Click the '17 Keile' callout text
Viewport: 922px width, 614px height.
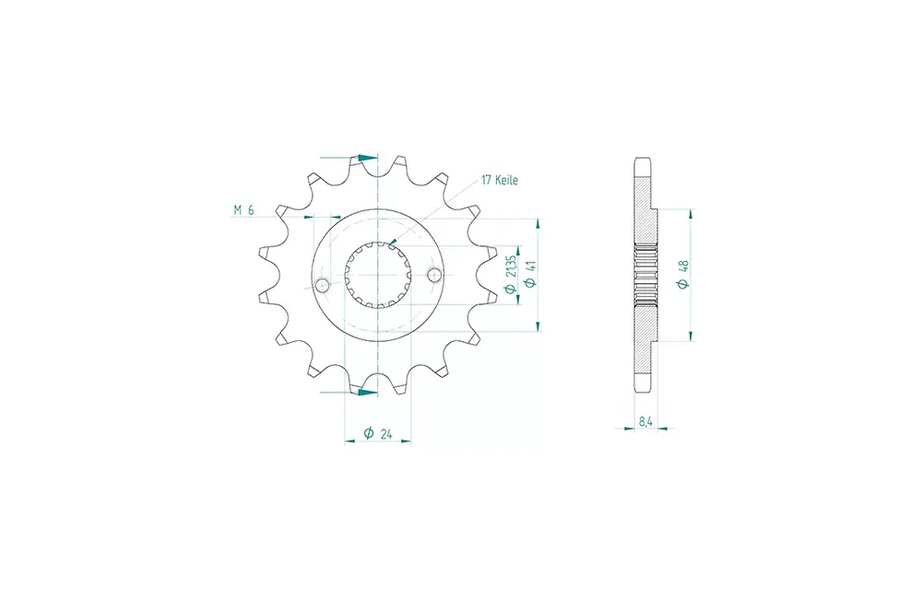pyautogui.click(x=499, y=180)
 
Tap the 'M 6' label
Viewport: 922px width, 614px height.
pyautogui.click(x=243, y=210)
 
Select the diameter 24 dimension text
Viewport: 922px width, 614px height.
pyautogui.click(x=377, y=433)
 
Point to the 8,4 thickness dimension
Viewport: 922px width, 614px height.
pyautogui.click(x=645, y=421)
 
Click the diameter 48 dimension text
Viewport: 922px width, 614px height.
pyautogui.click(x=682, y=275)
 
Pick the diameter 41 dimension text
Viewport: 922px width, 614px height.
pyautogui.click(x=530, y=274)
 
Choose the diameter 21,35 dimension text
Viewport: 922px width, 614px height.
pyautogui.click(x=511, y=274)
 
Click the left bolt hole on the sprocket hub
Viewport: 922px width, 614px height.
pyautogui.click(x=322, y=286)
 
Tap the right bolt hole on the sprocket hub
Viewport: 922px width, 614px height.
pyautogui.click(x=434, y=275)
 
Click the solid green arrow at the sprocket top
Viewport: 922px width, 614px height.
pyautogui.click(x=368, y=158)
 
